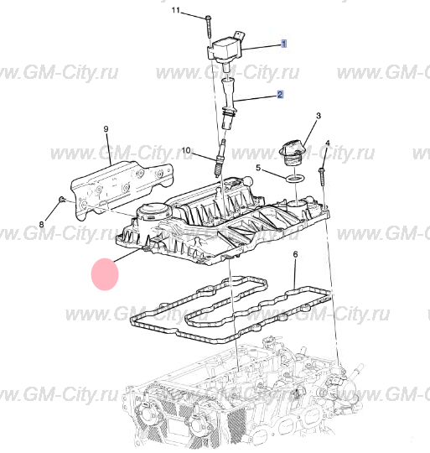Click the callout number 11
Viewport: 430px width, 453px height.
175,10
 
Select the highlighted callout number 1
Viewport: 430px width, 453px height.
284,44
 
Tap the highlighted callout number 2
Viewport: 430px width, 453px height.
280,95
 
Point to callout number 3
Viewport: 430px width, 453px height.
319,116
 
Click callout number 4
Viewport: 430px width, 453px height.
328,143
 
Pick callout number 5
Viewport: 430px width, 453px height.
258,168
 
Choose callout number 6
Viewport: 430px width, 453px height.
295,254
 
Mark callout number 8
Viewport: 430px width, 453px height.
42,224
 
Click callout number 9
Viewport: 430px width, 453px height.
106,129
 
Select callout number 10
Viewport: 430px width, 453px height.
186,150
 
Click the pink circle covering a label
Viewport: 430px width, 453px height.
105,274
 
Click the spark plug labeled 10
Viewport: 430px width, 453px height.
219,158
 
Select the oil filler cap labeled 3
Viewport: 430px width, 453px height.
291,152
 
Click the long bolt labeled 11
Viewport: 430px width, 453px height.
209,27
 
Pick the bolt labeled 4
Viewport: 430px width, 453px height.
322,176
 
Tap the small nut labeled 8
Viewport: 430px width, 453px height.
62,199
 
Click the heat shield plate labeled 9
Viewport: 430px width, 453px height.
122,189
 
